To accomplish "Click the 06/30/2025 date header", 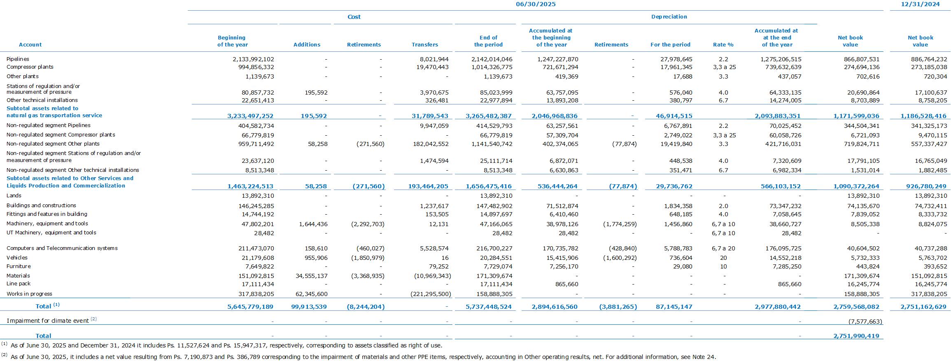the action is tap(536, 4).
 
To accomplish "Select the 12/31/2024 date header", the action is tap(920, 4).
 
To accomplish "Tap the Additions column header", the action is tap(307, 44).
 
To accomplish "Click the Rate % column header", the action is tap(723, 44).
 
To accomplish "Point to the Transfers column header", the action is tap(425, 44).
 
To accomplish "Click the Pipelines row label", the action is tap(18, 59).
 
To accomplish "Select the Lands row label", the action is tap(14, 196).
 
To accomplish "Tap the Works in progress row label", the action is tap(29, 294).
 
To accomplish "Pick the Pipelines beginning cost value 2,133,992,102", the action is tap(253, 59).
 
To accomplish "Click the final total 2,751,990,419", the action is tap(856, 336).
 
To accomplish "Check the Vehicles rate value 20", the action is tap(723, 258).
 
